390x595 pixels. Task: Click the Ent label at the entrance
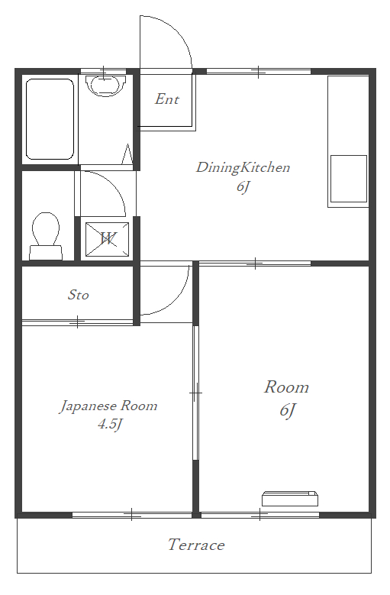pos(166,99)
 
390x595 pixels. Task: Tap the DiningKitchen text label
pos(243,167)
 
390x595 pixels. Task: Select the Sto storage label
pos(79,295)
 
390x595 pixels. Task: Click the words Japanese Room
pos(108,406)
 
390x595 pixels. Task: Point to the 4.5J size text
pos(110,425)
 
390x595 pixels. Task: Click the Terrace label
pos(196,545)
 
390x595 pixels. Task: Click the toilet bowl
pos(46,233)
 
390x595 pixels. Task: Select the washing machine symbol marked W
pos(106,239)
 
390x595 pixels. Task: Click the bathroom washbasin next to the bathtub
pos(105,83)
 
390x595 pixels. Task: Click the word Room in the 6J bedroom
pos(286,387)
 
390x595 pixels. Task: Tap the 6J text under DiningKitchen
pos(243,186)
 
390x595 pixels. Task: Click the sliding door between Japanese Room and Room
pos(195,393)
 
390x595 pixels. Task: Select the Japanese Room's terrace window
pos(131,515)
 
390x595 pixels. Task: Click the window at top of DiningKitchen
pos(258,72)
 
